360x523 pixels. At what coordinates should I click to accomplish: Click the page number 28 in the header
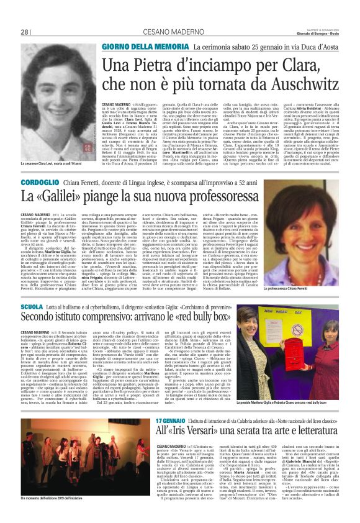25,32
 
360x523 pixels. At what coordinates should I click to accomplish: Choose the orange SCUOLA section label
32,307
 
